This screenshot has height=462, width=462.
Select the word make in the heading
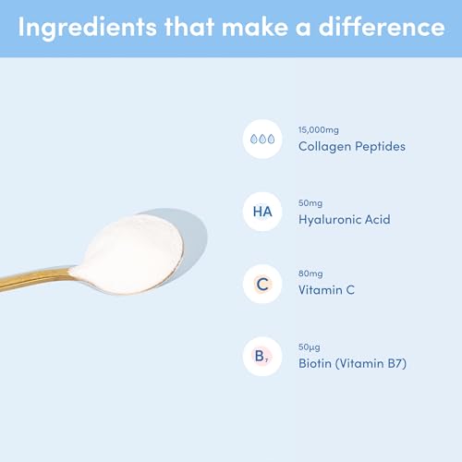255,28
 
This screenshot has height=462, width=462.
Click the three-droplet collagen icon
262,139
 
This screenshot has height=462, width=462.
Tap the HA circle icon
262,211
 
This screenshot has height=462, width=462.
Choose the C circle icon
262,283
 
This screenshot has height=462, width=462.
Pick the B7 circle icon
262,355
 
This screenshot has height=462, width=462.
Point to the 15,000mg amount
318,129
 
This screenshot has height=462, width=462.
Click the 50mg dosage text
310,202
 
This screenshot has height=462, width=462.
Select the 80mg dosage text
310,274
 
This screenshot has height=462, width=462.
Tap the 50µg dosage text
310,346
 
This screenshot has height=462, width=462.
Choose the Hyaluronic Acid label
344,219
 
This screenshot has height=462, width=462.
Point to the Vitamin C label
326,291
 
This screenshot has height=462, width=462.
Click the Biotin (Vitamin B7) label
352,363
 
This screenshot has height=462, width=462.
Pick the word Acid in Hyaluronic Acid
377,219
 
